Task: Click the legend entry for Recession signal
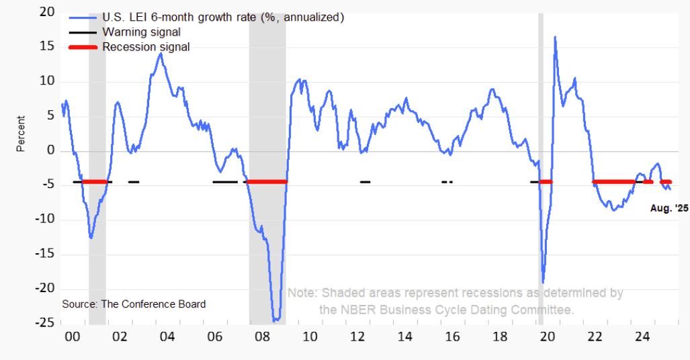(x=146, y=47)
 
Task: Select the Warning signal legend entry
(x=141, y=32)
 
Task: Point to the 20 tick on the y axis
(x=46, y=13)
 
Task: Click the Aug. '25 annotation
(x=669, y=209)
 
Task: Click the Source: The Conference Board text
(x=134, y=304)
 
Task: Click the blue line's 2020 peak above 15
(x=555, y=37)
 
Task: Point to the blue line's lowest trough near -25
(x=275, y=320)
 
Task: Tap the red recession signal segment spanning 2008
(x=267, y=181)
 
